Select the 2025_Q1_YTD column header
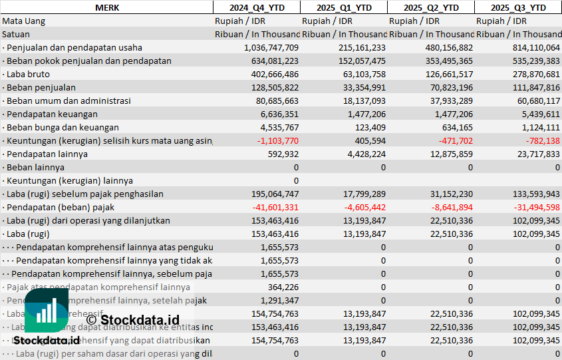click(343, 7)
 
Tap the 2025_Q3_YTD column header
click(518, 7)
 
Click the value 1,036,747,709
click(262, 47)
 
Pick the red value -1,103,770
click(275, 140)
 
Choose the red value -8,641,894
click(449, 207)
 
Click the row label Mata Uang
click(24, 21)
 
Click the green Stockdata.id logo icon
click(47, 311)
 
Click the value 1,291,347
click(277, 300)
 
